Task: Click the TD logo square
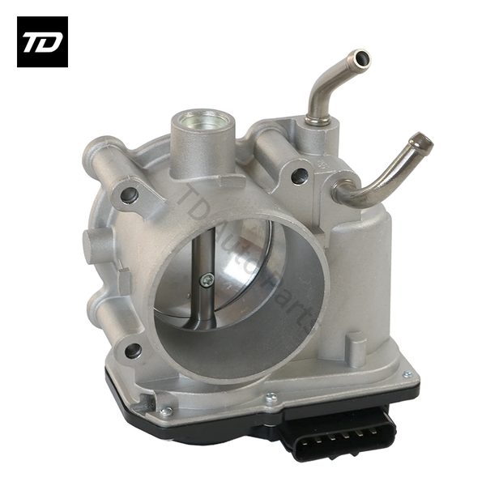point(42,41)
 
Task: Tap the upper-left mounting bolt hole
point(127,194)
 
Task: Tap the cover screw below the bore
point(271,397)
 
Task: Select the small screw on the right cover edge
point(406,374)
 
